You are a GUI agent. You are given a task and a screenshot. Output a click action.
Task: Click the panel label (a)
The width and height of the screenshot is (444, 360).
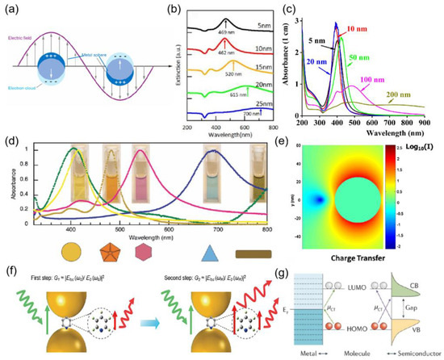15,10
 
